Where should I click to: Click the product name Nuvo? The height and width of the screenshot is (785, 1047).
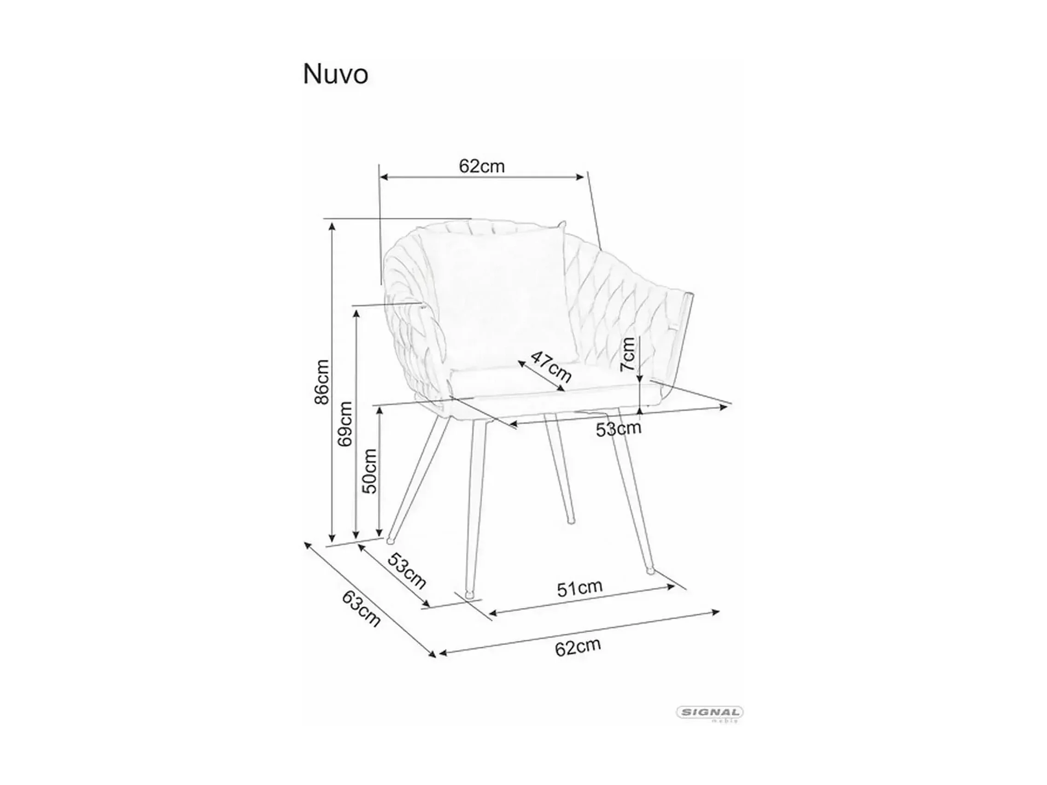pyautogui.click(x=335, y=75)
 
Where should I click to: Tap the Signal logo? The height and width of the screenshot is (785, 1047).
pyautogui.click(x=709, y=712)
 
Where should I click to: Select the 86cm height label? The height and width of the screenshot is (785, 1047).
pyautogui.click(x=322, y=381)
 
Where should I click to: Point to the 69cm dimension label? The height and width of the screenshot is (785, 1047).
pyautogui.click(x=345, y=424)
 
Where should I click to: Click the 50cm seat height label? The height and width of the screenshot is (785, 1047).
pyautogui.click(x=370, y=471)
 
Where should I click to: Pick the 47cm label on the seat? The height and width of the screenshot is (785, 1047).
pyautogui.click(x=550, y=366)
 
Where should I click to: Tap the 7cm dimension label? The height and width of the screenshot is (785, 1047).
pyautogui.click(x=628, y=354)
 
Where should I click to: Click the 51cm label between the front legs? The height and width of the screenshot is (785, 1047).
pyautogui.click(x=579, y=588)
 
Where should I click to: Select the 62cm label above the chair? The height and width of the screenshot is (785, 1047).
pyautogui.click(x=482, y=166)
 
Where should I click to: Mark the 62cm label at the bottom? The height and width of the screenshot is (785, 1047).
pyautogui.click(x=578, y=647)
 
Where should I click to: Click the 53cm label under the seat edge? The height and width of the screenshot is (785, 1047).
pyautogui.click(x=618, y=429)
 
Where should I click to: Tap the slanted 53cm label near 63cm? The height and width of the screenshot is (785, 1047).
pyautogui.click(x=407, y=570)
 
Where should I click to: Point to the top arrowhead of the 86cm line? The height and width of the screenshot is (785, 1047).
pyautogui.click(x=332, y=224)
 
